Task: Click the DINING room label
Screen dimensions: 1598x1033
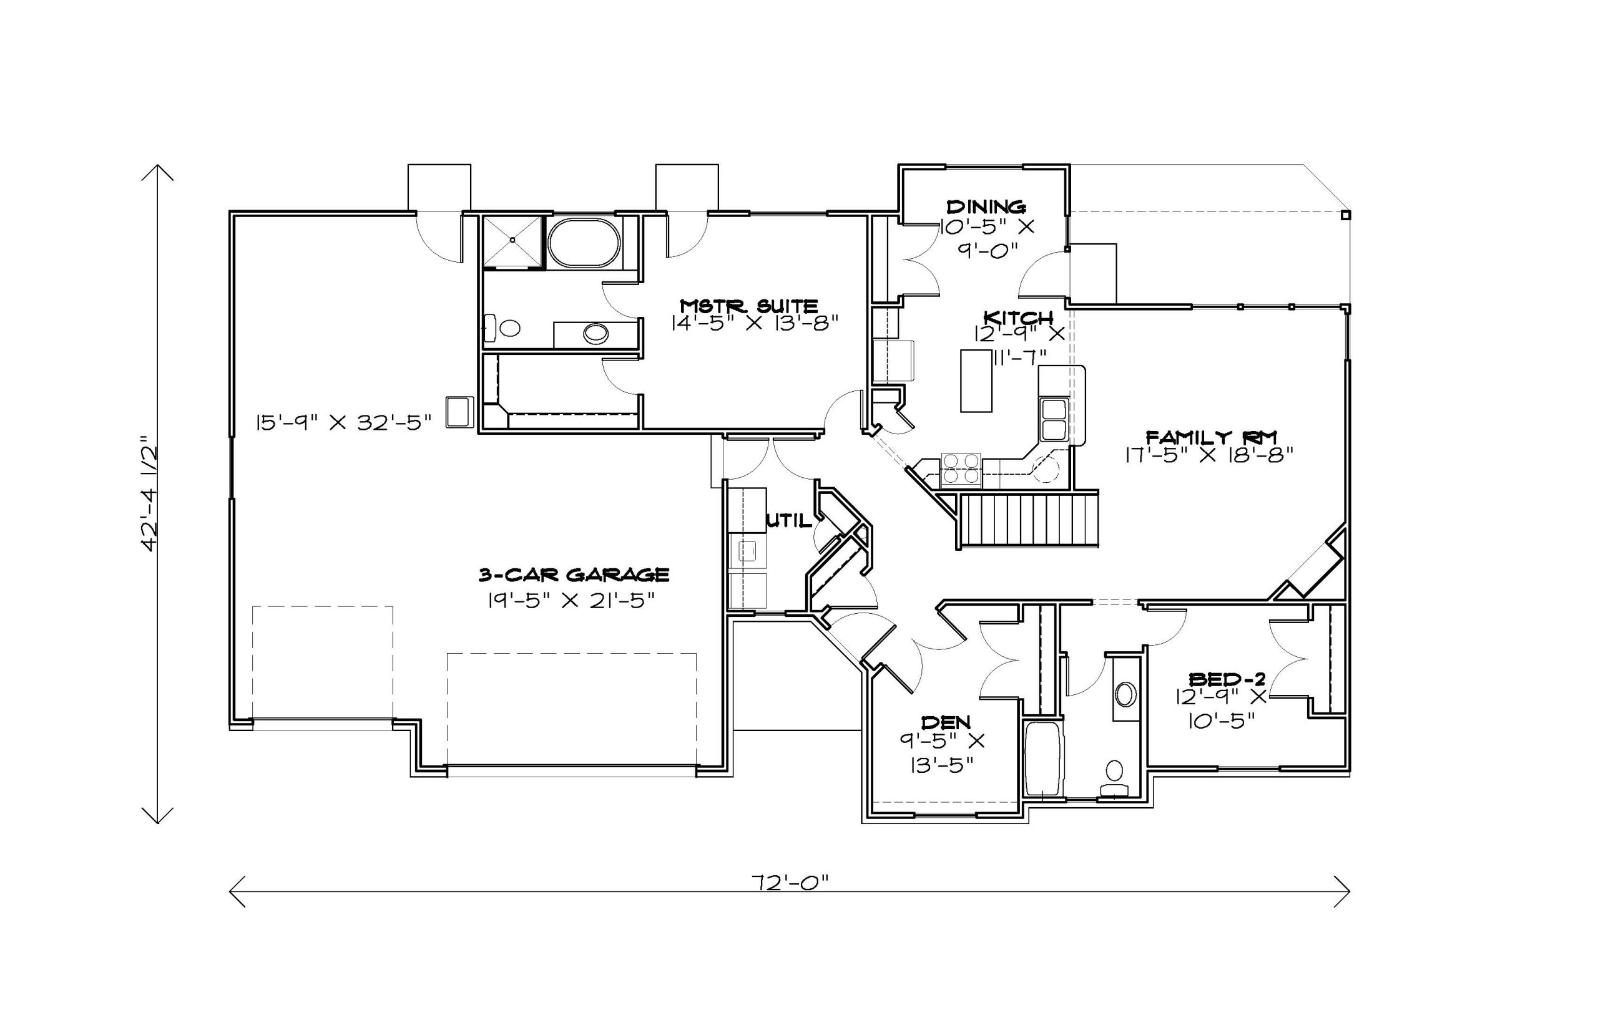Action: [986, 206]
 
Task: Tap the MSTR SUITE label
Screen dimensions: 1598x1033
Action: [749, 306]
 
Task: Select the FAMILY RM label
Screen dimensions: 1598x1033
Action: [1211, 437]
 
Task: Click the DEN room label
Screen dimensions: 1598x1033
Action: [946, 722]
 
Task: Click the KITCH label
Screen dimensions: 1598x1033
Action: [1017, 317]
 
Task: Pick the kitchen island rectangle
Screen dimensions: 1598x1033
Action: [976, 381]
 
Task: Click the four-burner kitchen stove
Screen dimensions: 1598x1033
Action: [961, 470]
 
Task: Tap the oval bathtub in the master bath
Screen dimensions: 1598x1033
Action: [583, 243]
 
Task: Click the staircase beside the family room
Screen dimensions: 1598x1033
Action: [1029, 520]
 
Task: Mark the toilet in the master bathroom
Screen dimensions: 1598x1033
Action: [502, 328]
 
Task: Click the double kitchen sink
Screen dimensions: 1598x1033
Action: [1053, 419]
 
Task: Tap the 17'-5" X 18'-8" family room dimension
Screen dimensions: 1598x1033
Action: [1208, 455]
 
